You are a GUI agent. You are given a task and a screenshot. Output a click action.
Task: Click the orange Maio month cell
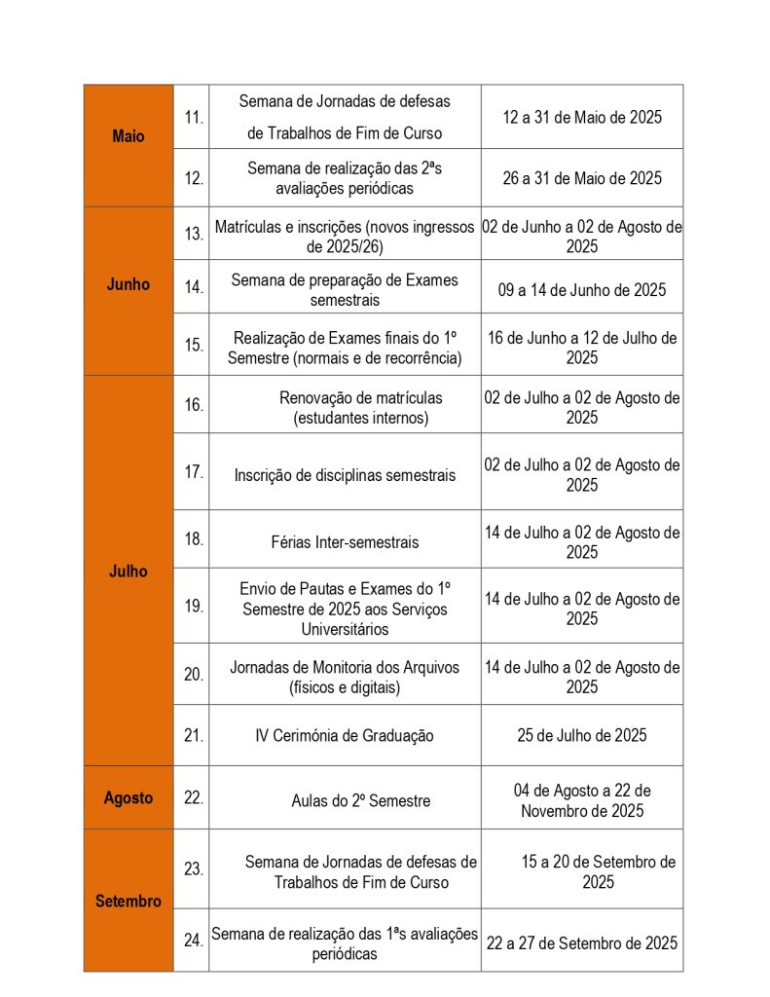click(x=128, y=136)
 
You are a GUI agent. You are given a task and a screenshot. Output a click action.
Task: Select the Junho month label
click(x=128, y=284)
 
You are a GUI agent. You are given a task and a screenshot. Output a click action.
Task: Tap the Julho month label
click(x=128, y=572)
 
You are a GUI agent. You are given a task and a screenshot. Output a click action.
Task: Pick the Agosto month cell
click(x=128, y=797)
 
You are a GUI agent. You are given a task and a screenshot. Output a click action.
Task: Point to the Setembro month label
click(x=128, y=902)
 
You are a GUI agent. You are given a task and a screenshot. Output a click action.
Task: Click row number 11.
click(x=194, y=117)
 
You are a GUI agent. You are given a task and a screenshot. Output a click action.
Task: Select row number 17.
click(x=194, y=472)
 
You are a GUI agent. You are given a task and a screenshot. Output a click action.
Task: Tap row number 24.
click(x=194, y=941)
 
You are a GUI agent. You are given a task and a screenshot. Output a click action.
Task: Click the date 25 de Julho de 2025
click(x=581, y=735)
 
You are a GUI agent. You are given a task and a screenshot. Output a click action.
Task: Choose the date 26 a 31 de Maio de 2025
click(x=581, y=178)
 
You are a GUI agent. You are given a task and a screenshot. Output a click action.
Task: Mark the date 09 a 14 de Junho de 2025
click(x=581, y=289)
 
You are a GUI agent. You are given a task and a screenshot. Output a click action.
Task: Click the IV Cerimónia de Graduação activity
click(x=344, y=736)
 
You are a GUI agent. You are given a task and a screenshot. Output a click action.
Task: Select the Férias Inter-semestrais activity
click(x=345, y=542)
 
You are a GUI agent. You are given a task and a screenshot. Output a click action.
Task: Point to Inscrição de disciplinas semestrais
click(x=345, y=476)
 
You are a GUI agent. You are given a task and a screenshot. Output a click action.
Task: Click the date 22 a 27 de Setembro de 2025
click(x=581, y=942)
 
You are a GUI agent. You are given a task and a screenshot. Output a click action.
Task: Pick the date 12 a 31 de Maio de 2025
click(x=581, y=117)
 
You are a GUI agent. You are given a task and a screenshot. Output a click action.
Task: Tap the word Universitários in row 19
click(x=345, y=629)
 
